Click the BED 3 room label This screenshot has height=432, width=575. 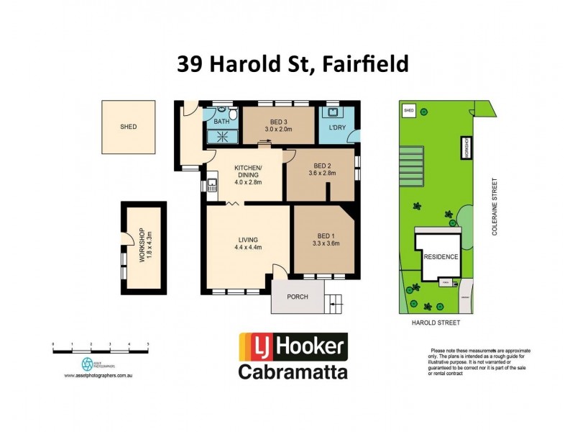click(x=279, y=120)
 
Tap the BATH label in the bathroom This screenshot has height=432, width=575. click(x=221, y=122)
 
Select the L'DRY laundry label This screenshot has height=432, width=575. click(x=337, y=127)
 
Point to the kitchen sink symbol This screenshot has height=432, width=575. click(x=212, y=186)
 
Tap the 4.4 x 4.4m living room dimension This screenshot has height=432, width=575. click(x=247, y=248)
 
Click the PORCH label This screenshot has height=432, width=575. click(x=298, y=296)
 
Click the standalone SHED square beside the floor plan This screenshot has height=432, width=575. click(x=129, y=127)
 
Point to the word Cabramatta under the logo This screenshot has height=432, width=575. click(x=293, y=372)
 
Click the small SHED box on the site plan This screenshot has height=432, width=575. click(x=408, y=110)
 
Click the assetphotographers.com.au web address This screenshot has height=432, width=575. click(x=96, y=375)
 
